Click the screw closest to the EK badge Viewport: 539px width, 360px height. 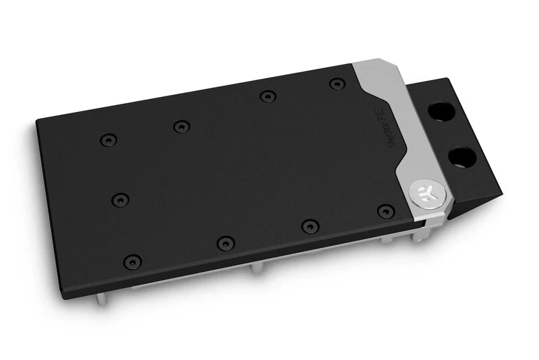click(384, 211)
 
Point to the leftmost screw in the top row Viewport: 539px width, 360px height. click(104, 140)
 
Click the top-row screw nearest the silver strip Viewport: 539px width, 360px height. click(336, 84)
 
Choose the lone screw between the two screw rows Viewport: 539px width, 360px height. click(119, 200)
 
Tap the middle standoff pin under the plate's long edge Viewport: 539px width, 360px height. click(253, 270)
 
